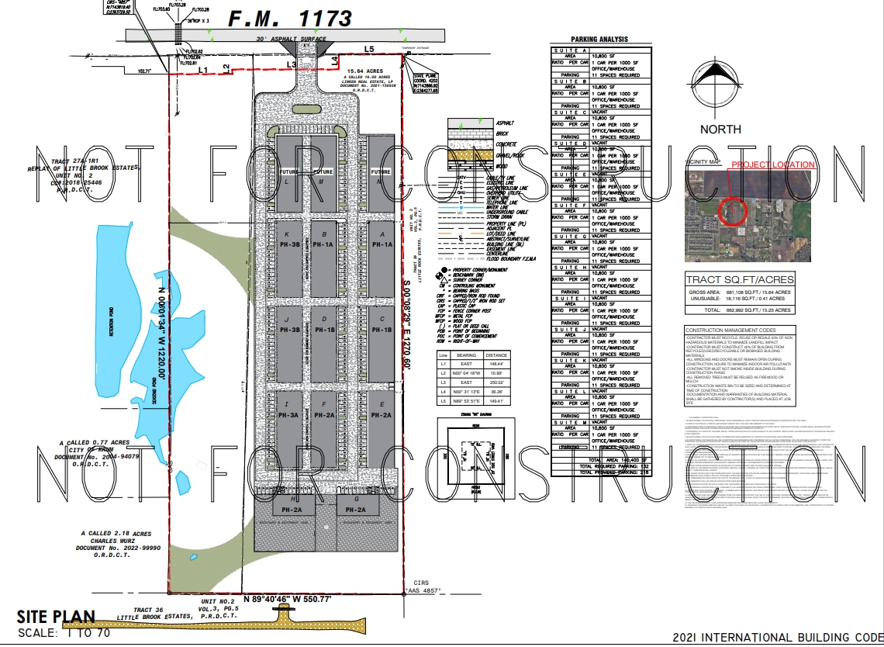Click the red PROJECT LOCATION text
[x=773, y=164]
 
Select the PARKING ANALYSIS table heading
[x=599, y=40]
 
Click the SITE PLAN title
[x=56, y=617]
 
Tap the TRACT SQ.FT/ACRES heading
[x=740, y=279]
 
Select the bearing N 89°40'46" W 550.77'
[x=287, y=600]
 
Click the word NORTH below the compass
[x=720, y=130]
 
